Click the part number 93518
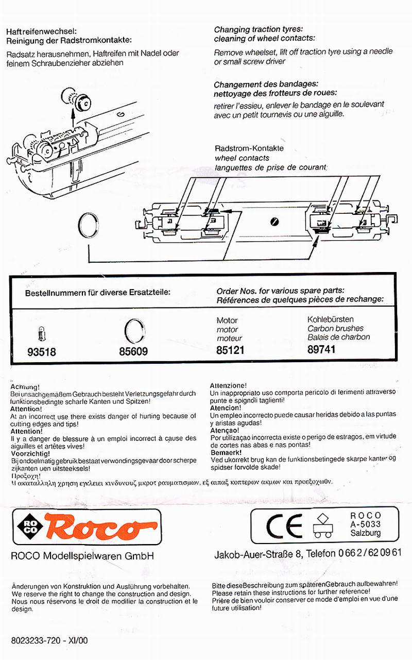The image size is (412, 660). click(41, 352)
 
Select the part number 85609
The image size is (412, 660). click(133, 352)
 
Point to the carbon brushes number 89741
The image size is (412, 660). click(321, 350)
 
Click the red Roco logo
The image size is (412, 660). click(96, 526)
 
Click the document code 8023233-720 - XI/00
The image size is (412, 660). click(49, 641)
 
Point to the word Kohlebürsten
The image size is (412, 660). click(330, 319)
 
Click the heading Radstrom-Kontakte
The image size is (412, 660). click(249, 148)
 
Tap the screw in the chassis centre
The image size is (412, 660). click(274, 221)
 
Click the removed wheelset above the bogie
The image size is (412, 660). click(75, 97)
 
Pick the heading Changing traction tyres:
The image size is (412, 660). click(259, 29)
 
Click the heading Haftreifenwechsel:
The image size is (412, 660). click(41, 31)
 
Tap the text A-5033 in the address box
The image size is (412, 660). click(366, 524)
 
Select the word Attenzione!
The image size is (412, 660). click(229, 385)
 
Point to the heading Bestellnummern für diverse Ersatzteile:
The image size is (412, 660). click(98, 292)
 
